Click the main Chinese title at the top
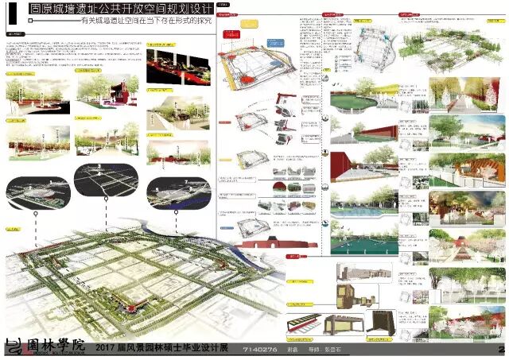click(120, 13)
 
